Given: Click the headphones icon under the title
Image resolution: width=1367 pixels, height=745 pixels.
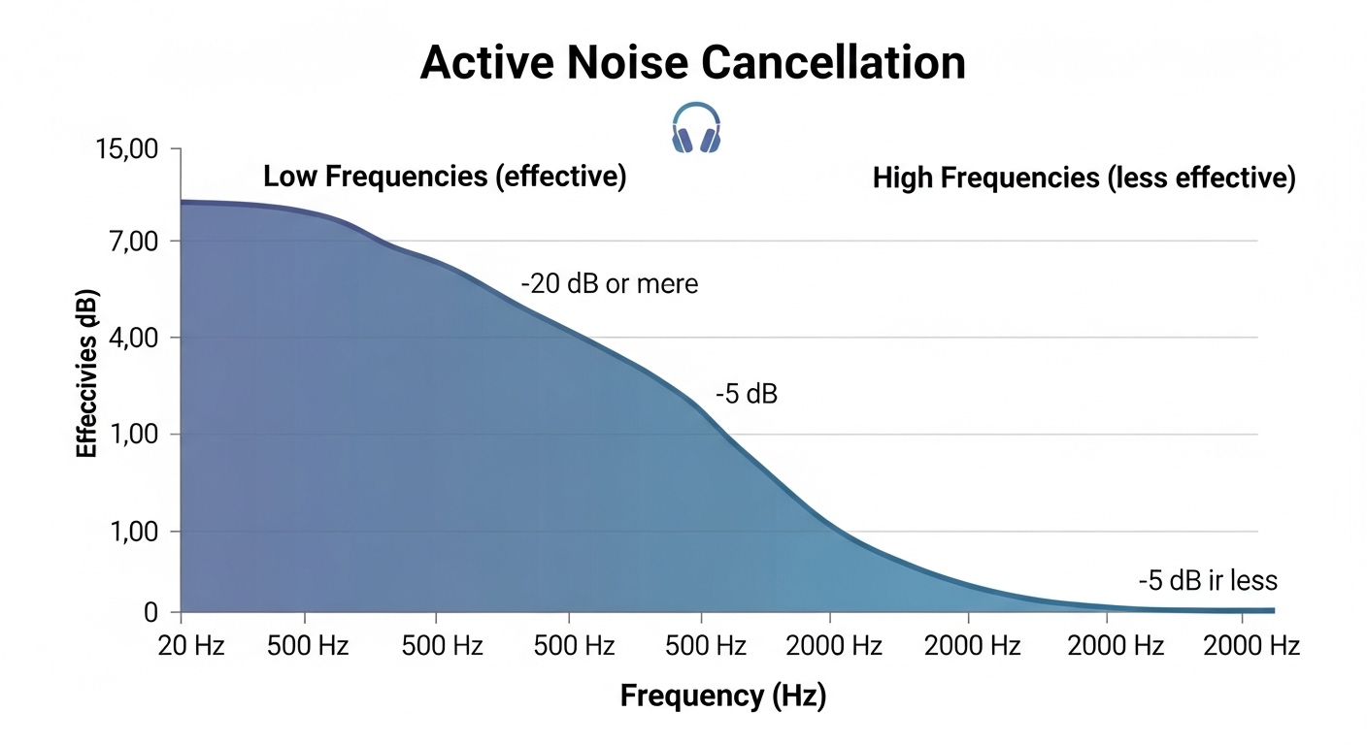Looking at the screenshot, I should click(x=696, y=129).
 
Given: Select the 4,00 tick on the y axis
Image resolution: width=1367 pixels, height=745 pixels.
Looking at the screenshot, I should click(x=128, y=338).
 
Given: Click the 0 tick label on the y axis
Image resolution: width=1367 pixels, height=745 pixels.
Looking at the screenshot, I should click(x=150, y=613).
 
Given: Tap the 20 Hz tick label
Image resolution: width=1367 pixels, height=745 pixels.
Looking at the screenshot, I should click(x=191, y=646).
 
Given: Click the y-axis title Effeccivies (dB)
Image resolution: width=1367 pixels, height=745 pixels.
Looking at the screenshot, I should click(x=86, y=373).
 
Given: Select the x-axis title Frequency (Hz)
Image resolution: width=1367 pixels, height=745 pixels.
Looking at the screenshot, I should click(x=722, y=696).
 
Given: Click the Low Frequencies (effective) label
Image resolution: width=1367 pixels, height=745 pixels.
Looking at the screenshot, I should click(x=445, y=178).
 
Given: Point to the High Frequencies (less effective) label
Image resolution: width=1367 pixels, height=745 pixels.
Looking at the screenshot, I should click(x=1084, y=178).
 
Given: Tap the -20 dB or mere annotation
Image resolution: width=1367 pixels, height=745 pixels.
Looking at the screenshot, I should click(x=610, y=285).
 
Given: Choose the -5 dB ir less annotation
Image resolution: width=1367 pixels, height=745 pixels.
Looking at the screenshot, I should click(x=1208, y=581).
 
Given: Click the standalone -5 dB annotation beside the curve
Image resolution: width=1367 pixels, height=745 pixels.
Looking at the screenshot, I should click(x=747, y=395).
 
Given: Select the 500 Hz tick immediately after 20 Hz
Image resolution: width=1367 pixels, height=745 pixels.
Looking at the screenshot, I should click(x=307, y=646).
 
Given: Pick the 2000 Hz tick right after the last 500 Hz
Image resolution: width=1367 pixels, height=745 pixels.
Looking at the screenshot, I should click(x=834, y=646).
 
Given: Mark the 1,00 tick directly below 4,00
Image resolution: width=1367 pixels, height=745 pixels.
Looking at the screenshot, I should click(x=128, y=435).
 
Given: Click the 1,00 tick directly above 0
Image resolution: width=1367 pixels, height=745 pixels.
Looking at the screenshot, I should click(x=128, y=532).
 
